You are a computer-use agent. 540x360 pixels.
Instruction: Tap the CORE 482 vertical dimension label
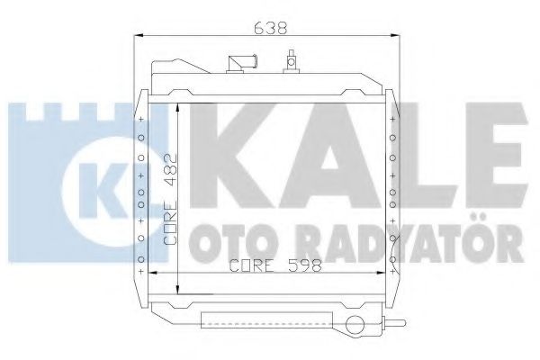[x=170, y=200]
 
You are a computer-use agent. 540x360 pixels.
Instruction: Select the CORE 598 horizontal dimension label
[x=269, y=265]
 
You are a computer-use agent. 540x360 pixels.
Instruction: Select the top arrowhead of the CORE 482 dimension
[x=179, y=107]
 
